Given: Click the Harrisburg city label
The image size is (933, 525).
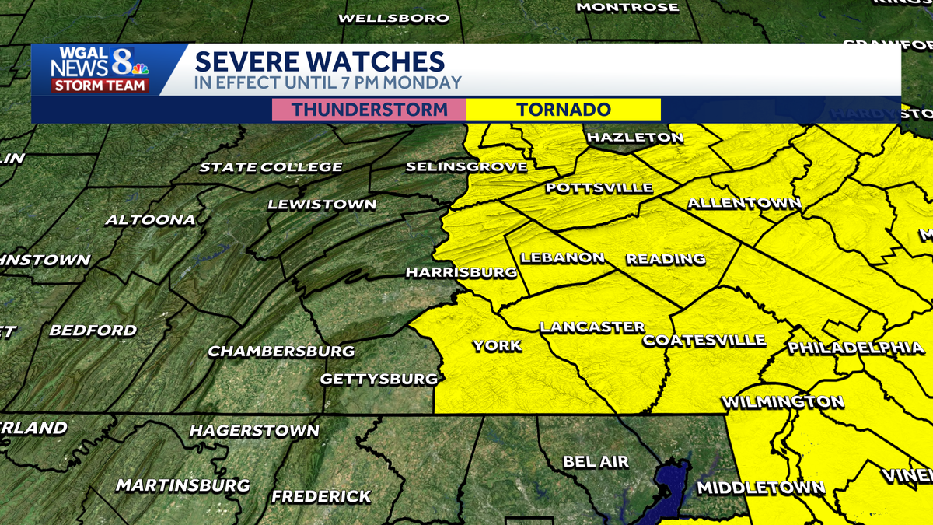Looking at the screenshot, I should click(x=461, y=273).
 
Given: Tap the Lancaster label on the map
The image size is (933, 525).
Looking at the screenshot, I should click(x=592, y=327).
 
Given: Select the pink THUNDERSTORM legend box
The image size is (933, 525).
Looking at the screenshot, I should click(x=369, y=110).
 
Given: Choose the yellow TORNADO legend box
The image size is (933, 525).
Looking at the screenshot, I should click(x=564, y=110).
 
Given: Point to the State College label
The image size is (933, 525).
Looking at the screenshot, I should click(x=271, y=167).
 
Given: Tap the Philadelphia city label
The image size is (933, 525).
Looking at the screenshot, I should click(x=856, y=348).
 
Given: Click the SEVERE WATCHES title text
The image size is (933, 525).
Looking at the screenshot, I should click(x=319, y=61).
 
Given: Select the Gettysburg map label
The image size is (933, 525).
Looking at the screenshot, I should click(x=379, y=380).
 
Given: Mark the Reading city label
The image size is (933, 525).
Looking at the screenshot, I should click(x=666, y=259).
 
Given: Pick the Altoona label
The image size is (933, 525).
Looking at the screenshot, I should click(x=150, y=220).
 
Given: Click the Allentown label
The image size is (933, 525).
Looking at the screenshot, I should click(x=744, y=204).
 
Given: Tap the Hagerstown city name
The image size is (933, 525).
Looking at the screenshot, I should click(x=254, y=431).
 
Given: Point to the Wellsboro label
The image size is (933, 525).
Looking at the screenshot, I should click(x=394, y=18).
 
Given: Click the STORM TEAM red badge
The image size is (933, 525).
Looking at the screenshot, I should click(x=100, y=86).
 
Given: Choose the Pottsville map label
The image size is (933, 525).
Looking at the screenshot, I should click(x=599, y=188).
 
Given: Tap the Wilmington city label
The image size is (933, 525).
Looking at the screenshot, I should click(x=782, y=402).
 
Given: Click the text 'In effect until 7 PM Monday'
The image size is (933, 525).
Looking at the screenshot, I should click(x=328, y=82).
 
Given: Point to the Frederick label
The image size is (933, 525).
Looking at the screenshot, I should click(x=321, y=496).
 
